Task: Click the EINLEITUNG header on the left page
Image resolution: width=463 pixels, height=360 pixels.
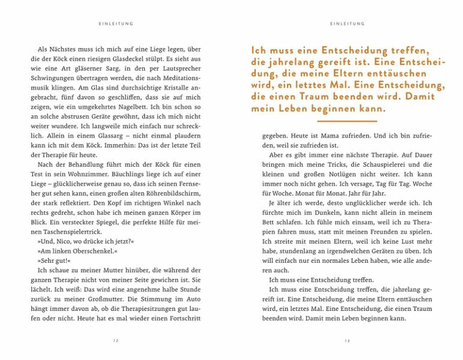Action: point(115,24)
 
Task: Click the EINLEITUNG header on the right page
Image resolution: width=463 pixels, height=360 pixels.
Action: point(347,24)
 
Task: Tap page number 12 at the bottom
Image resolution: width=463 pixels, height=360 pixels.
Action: point(115,340)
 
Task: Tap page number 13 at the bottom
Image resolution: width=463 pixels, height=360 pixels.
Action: point(347,340)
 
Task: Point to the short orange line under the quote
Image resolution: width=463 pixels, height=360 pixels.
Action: point(346,121)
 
